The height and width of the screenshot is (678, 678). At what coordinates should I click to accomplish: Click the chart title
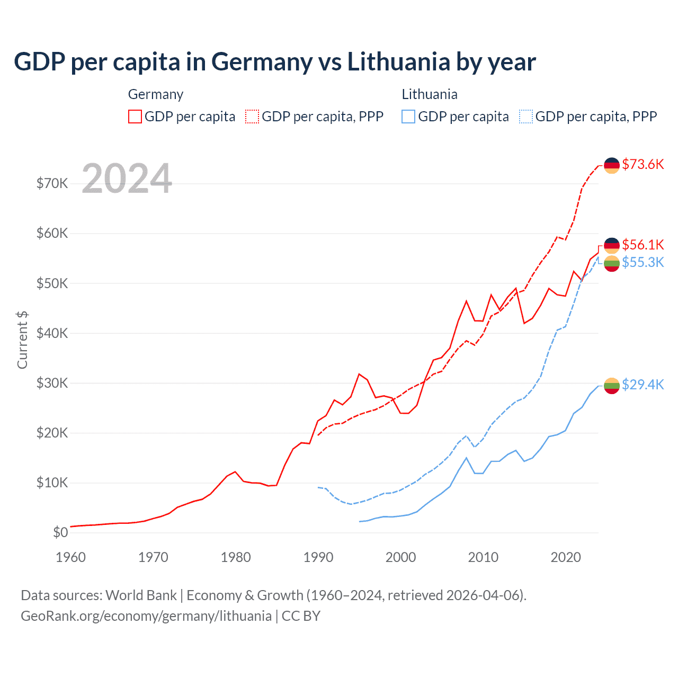[x=275, y=62]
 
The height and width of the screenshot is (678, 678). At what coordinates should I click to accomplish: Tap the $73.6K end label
[x=643, y=164]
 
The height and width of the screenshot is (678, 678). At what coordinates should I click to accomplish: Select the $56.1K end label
[x=643, y=245]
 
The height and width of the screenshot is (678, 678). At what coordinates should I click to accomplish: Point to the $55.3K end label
[x=643, y=262]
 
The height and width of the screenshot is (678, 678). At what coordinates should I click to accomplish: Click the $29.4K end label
[x=643, y=385]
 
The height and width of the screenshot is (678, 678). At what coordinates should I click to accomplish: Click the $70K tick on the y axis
[x=52, y=184]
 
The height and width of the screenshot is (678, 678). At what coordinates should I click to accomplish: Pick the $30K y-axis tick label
[x=52, y=383]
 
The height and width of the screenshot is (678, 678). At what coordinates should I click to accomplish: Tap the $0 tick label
[x=60, y=532]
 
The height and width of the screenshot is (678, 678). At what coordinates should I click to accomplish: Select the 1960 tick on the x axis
[x=70, y=557]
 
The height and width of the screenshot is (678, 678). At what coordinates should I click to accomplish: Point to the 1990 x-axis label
[x=318, y=557]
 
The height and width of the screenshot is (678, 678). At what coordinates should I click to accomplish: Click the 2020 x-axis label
[x=566, y=557]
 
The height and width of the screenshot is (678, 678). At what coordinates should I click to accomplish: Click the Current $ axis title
[x=22, y=340]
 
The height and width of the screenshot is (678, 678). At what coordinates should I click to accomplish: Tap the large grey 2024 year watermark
[x=127, y=179]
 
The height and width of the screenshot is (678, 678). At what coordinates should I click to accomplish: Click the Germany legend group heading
[x=156, y=94]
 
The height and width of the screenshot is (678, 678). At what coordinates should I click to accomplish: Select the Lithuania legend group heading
[x=430, y=94]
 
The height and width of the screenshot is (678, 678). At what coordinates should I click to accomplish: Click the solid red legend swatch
[x=135, y=117]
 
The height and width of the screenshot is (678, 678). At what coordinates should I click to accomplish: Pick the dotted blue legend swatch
[x=526, y=117]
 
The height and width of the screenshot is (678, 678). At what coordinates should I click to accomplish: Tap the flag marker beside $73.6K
[x=612, y=165]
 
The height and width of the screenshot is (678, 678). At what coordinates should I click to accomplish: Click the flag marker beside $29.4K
[x=612, y=386]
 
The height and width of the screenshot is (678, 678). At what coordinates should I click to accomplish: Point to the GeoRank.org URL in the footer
[x=146, y=616]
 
